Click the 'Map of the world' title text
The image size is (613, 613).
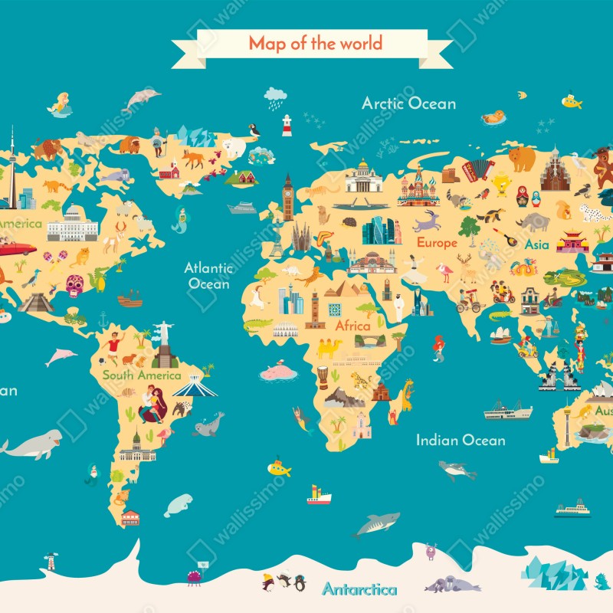tap(314, 43)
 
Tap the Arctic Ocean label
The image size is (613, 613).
tap(408, 103)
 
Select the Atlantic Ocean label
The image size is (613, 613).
tap(208, 276)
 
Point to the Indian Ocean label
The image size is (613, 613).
tap(461, 440)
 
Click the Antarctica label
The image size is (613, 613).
tap(359, 589)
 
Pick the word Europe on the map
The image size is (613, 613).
tap(437, 243)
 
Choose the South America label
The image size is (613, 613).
tap(142, 375)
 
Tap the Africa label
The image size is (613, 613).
tap(352, 326)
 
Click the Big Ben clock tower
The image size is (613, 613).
tap(288, 198)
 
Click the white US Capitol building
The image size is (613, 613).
tap(73, 224)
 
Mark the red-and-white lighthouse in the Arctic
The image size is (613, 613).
tap(287, 125)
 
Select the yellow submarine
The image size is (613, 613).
tap(279, 467)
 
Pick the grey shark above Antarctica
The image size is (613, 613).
tap(375, 524)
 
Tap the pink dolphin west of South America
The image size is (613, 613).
tap(61, 356)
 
